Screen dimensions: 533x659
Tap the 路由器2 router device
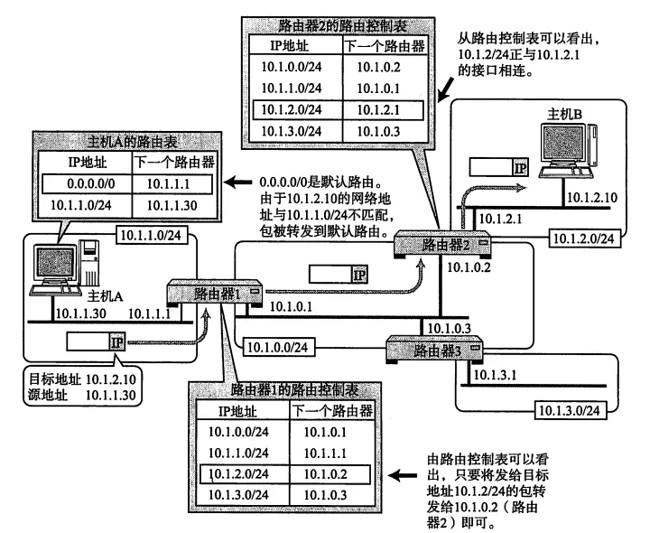click(443, 244)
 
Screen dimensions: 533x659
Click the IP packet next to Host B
click(496, 167)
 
